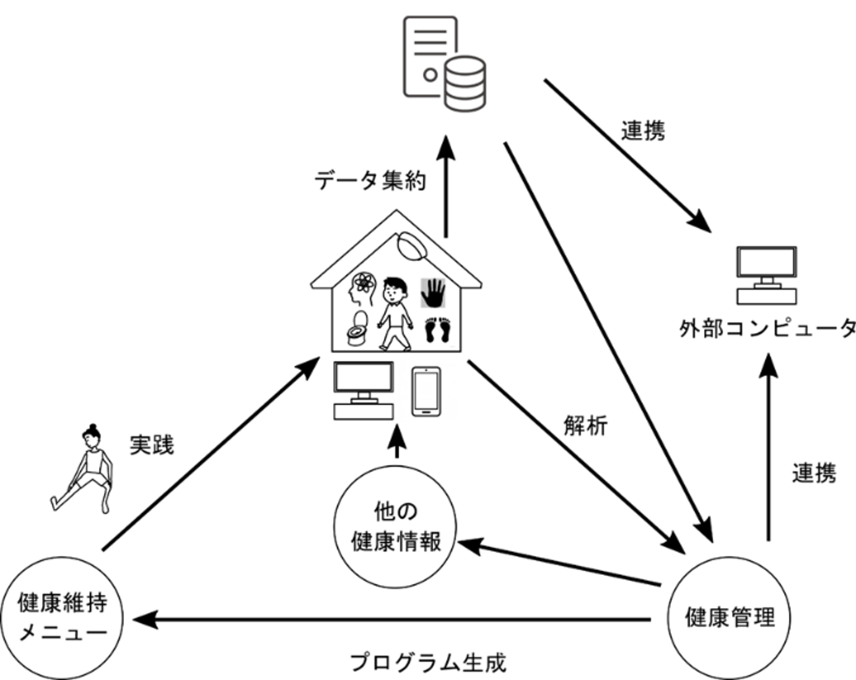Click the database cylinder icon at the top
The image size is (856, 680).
pos(465,83)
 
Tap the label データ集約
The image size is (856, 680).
pos(370,180)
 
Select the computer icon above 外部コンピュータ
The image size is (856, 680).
pos(767,275)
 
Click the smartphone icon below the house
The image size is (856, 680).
pos(426,391)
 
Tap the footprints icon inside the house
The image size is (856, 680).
pos(437,330)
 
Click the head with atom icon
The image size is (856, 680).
pos(362,289)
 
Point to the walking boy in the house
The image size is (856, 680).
pos(395,313)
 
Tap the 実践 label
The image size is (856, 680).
pos(151,445)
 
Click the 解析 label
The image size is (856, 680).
pos(585,426)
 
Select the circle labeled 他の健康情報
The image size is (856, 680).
pos(395,527)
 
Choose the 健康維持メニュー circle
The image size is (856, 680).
pos(62,617)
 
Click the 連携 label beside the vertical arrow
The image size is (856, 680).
pos(814,472)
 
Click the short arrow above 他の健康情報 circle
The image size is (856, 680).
pos(397,442)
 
